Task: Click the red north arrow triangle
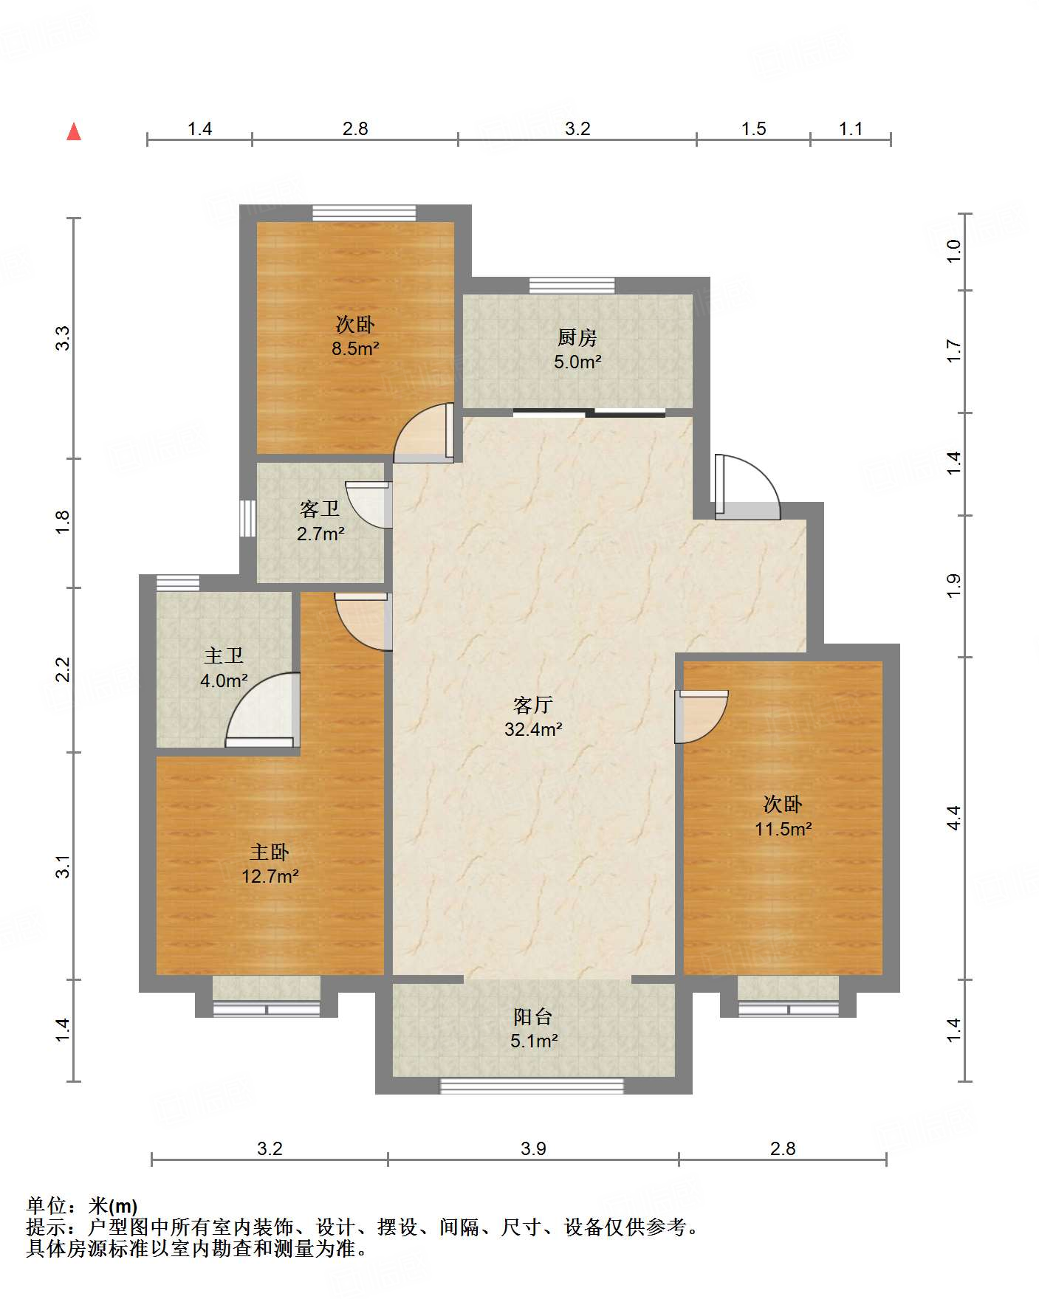coord(74,131)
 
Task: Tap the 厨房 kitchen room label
coord(577,337)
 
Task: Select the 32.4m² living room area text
coord(533,730)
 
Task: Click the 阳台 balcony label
coord(532,1017)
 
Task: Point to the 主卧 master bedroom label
coord(269,852)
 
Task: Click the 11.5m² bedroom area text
coord(783,829)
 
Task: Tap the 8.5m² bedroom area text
coord(355,348)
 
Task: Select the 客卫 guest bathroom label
coord(320,509)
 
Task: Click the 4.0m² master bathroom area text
coord(224,680)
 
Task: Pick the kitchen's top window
coord(572,286)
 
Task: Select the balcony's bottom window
coord(532,1085)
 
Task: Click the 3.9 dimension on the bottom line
coord(533,1148)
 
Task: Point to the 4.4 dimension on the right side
coord(953,817)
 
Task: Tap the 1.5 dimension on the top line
coord(753,128)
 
